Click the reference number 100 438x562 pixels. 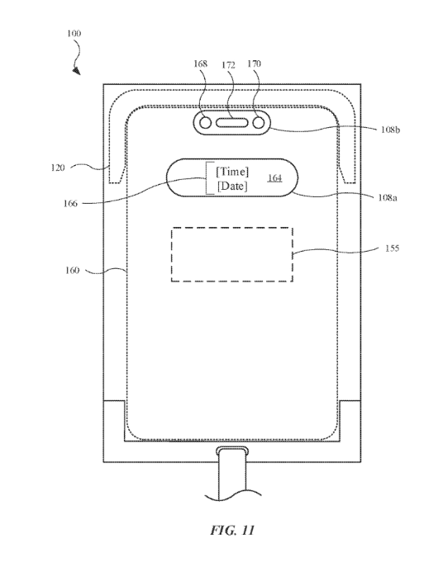click(x=74, y=33)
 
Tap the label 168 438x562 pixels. click(x=200, y=64)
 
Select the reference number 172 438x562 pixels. click(x=228, y=65)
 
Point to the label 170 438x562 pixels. click(x=254, y=64)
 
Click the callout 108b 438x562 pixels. click(x=390, y=130)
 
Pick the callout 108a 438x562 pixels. click(x=388, y=197)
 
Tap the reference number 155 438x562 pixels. click(x=392, y=248)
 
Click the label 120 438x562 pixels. click(x=58, y=168)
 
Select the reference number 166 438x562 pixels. click(x=70, y=204)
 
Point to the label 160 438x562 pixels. click(x=72, y=270)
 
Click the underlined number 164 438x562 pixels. click(x=274, y=177)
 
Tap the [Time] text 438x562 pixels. click(x=232, y=172)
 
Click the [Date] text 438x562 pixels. click(x=232, y=186)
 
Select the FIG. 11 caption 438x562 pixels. click(x=232, y=530)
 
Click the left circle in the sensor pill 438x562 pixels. click(x=205, y=123)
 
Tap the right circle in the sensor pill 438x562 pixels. click(x=259, y=123)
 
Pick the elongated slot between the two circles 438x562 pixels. click(x=232, y=123)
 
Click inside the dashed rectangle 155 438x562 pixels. click(x=232, y=254)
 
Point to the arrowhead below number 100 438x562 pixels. click(x=76, y=71)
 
